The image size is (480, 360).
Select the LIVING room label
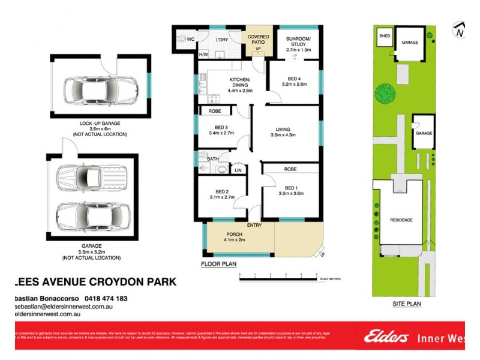(x=283, y=129)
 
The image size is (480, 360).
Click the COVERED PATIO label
(x=259, y=39)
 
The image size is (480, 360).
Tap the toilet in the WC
(x=181, y=39)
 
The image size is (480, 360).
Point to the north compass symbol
(x=460, y=30)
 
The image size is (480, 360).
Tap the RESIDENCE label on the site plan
(x=401, y=220)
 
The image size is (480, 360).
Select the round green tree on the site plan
(x=382, y=94)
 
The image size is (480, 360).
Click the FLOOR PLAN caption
(x=218, y=263)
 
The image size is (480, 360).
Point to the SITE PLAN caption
(x=406, y=304)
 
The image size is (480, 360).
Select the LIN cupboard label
(x=238, y=170)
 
